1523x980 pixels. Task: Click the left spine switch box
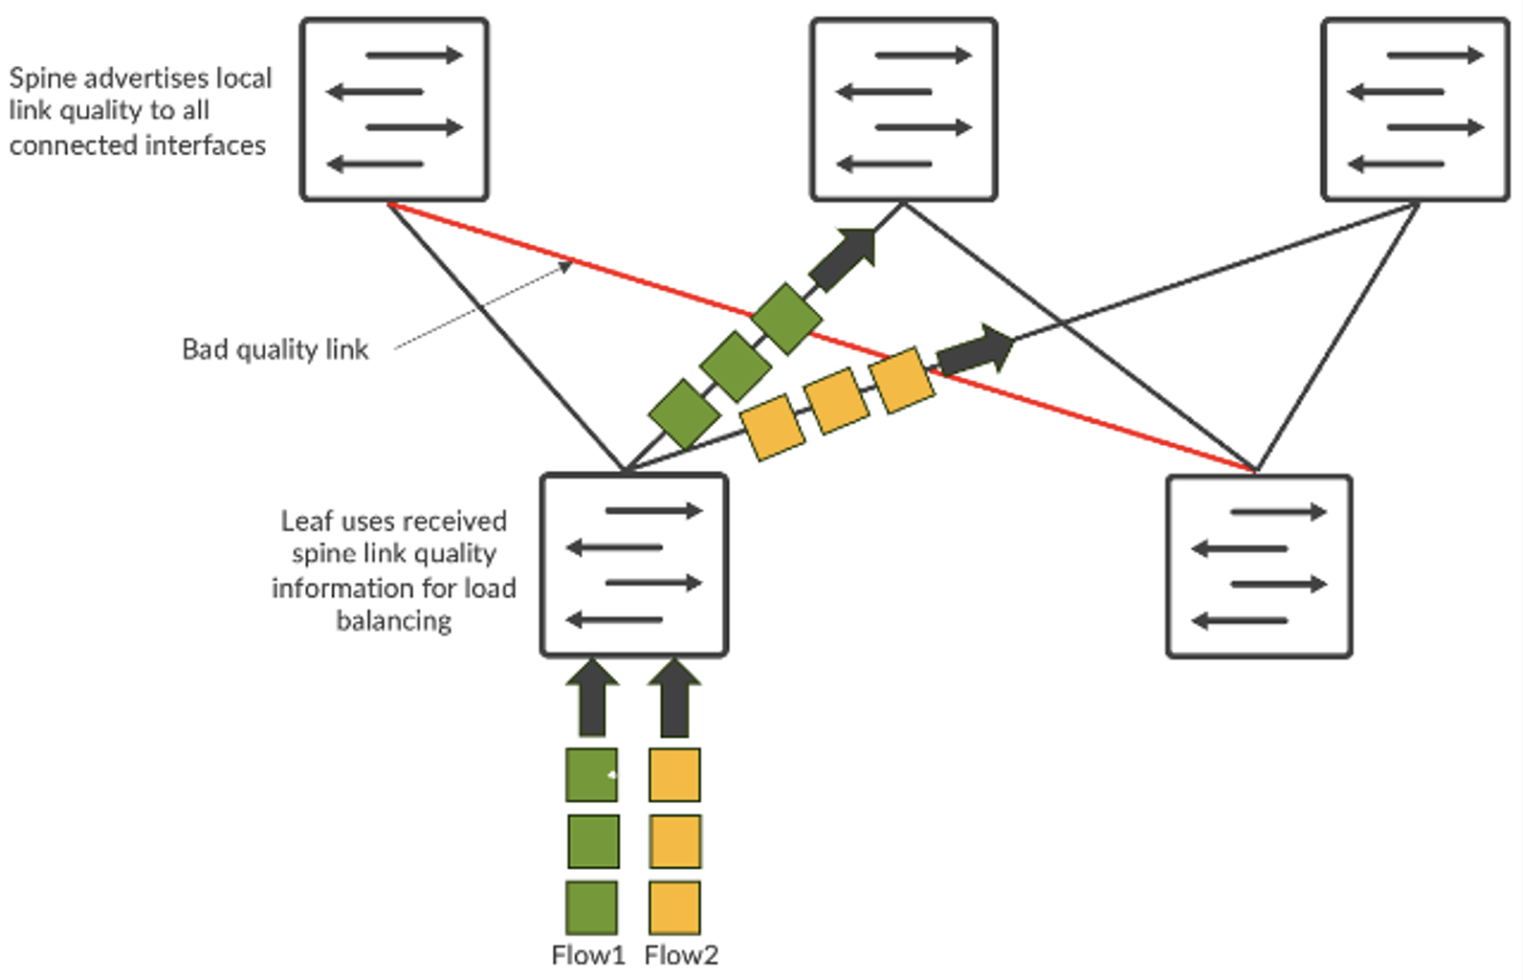(394, 109)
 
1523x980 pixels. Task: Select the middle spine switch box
(904, 109)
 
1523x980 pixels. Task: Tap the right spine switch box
(1415, 109)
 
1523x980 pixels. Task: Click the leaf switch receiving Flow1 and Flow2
(634, 566)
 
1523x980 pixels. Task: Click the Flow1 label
(587, 955)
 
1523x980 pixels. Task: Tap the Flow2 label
(681, 955)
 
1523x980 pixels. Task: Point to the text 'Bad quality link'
(275, 349)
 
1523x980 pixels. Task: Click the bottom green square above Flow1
(591, 907)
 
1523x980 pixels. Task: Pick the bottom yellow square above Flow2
(674, 907)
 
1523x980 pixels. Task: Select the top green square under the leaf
(591, 774)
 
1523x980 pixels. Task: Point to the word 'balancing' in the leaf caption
(393, 620)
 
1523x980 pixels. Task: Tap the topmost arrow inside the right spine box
(1434, 56)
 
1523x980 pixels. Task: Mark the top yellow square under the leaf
(674, 774)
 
